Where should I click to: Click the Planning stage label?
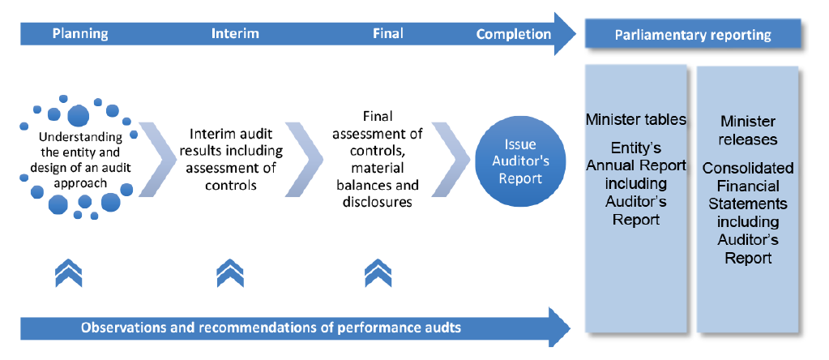coord(80,34)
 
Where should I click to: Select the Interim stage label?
coord(235,34)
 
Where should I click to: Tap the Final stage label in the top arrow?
coord(387,34)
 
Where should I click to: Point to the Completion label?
coord(514,34)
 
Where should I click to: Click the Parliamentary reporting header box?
coord(692,35)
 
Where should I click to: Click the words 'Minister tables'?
coord(636,120)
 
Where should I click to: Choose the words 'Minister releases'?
coord(748,130)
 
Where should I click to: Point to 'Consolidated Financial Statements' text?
coord(748,186)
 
